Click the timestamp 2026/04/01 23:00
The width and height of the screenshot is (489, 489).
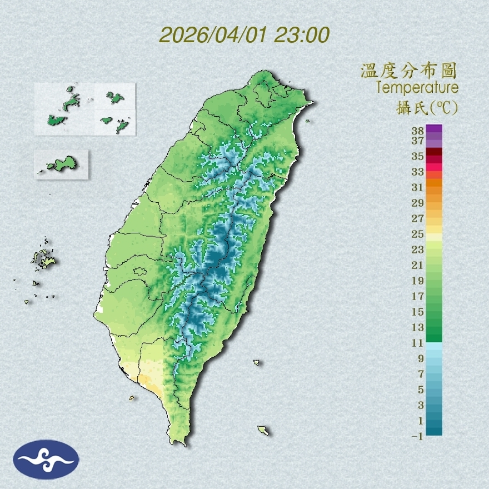coord(244,35)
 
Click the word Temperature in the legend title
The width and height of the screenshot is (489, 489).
coord(417,88)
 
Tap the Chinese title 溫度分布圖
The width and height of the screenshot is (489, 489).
coord(408,71)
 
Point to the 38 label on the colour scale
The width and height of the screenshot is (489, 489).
coord(418,131)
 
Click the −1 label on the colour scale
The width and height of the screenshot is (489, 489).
coord(417,436)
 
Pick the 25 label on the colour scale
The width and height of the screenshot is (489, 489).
coord(418,234)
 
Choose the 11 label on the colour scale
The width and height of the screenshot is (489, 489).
coord(418,343)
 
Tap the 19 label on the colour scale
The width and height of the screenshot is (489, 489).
coord(418,281)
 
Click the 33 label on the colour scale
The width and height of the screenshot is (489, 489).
coord(418,172)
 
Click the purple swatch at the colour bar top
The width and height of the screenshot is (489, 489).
coord(435,128)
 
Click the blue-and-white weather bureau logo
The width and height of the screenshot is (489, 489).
coord(46,460)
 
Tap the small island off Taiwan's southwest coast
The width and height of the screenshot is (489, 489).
coord(132,397)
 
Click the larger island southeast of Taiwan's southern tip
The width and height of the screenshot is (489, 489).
coord(263,430)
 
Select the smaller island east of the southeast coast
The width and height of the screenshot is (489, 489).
coord(257,362)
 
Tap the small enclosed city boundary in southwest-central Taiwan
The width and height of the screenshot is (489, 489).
coord(140,272)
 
